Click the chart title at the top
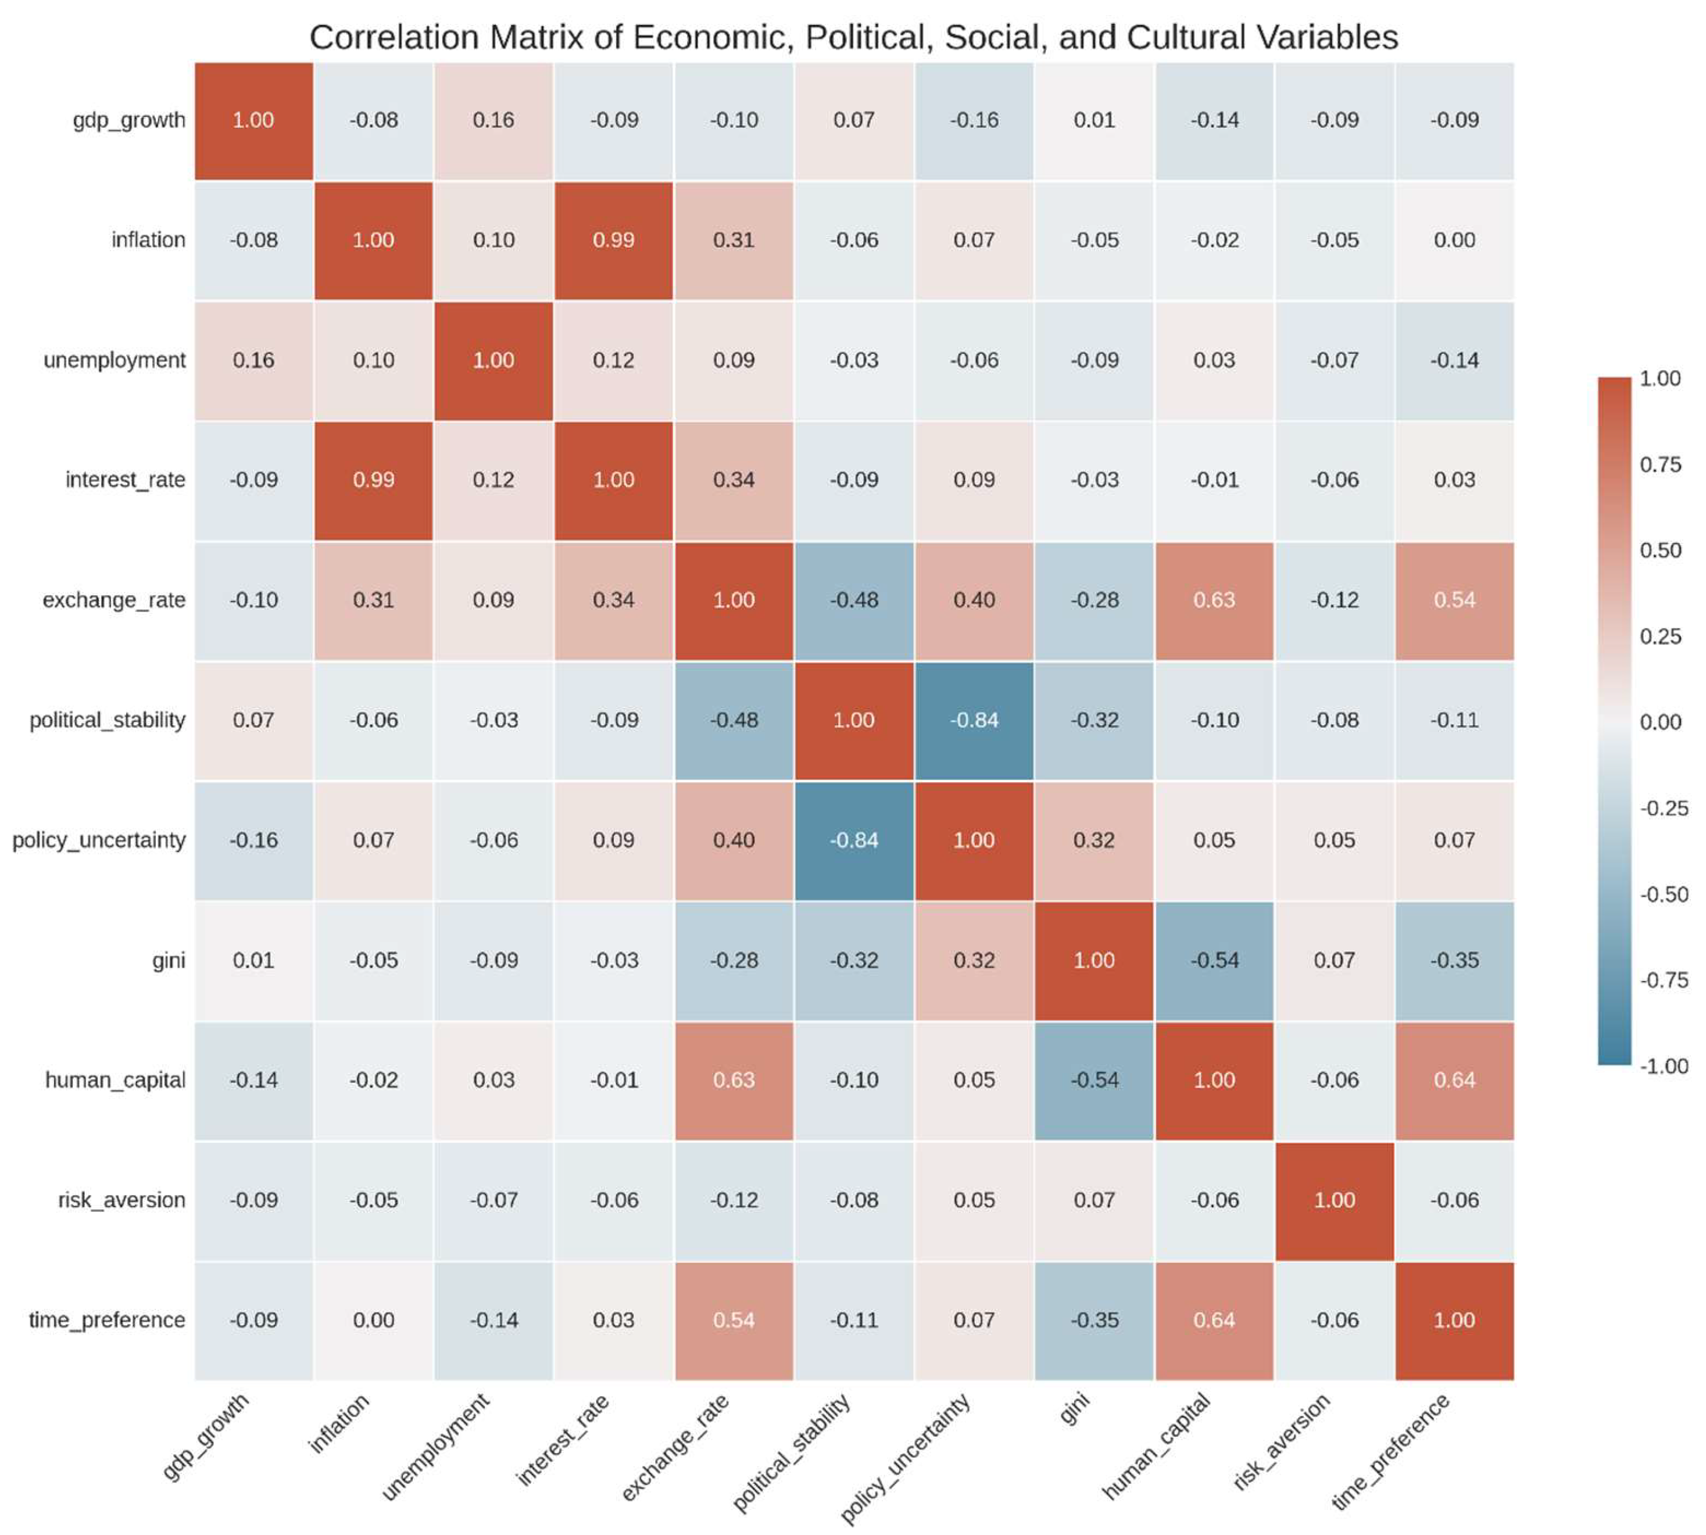point(853,37)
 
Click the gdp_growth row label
point(128,120)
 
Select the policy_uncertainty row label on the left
point(99,840)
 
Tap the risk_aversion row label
point(121,1200)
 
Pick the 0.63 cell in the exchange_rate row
point(1214,600)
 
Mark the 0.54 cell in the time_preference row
point(734,1320)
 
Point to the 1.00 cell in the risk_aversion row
point(1333,1200)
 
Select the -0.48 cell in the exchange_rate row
point(853,600)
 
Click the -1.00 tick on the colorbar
point(1663,1066)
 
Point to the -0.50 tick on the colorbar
point(1663,894)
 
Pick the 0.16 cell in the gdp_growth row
point(493,120)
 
